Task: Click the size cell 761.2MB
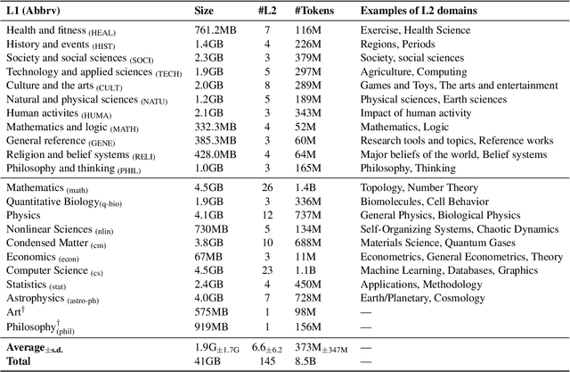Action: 217,30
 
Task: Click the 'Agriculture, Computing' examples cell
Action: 411,71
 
